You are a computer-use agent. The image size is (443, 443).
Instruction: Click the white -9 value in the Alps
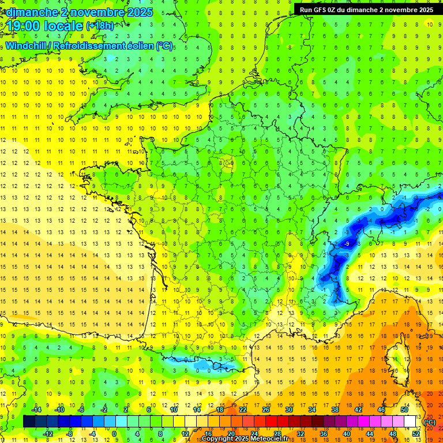point(346,245)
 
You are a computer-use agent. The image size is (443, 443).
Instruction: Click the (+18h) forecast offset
point(100,26)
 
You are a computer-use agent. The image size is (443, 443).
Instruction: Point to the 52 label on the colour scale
point(416,434)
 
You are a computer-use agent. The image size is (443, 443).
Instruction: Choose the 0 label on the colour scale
point(114,434)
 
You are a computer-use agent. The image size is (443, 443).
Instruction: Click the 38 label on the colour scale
point(335,410)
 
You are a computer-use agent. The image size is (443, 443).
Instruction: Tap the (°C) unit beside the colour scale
point(430,422)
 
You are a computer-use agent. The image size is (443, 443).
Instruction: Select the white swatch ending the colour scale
point(410,422)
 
